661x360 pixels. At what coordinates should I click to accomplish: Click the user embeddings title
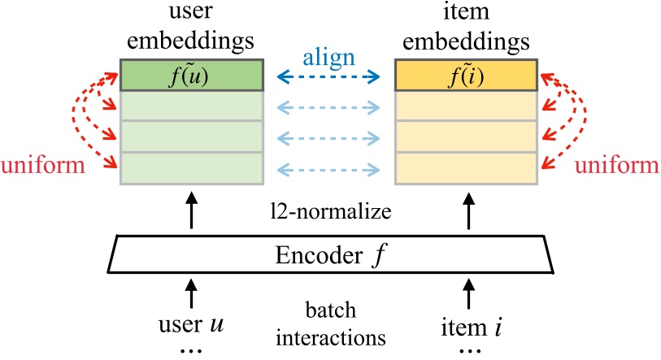[191, 28]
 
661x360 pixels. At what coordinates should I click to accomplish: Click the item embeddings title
[466, 28]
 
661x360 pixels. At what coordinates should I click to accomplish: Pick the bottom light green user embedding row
[191, 168]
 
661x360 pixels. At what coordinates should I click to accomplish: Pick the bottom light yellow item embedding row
[466, 168]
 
